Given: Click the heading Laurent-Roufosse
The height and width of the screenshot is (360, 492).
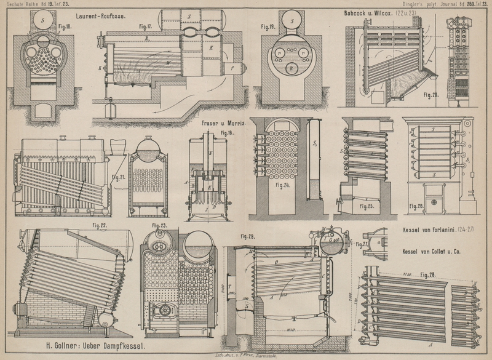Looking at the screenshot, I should click(x=101, y=17).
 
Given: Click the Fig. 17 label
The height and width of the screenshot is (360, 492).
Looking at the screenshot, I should click(x=145, y=27).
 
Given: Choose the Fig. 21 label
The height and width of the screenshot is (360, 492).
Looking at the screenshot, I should click(x=119, y=178).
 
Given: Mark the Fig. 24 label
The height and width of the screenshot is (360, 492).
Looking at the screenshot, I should click(x=282, y=184).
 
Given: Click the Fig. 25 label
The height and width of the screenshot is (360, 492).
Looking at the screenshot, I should click(x=368, y=207).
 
